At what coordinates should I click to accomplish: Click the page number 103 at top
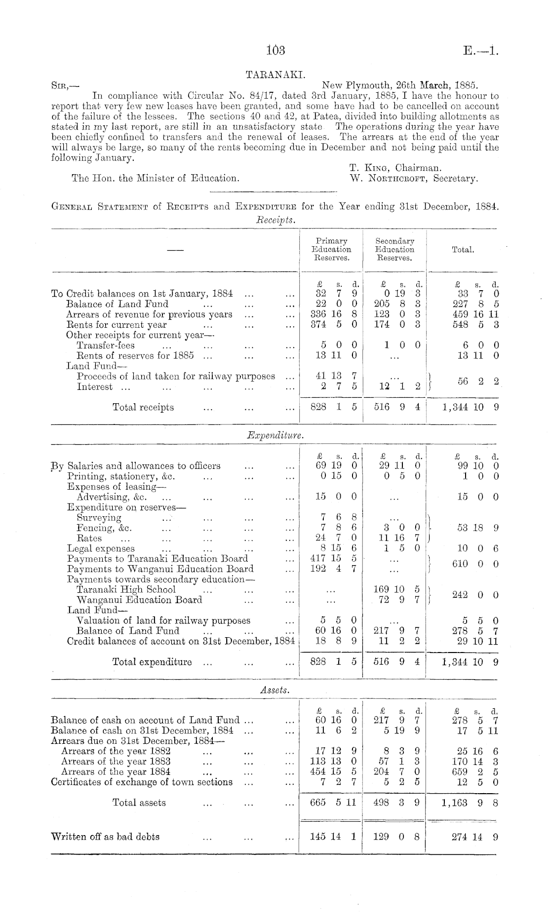pyautogui.click(x=275, y=50)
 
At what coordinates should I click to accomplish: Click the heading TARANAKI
pyautogui.click(x=275, y=75)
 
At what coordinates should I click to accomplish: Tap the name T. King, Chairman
pyautogui.click(x=395, y=168)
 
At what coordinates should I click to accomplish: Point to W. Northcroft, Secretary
pyautogui.click(x=413, y=178)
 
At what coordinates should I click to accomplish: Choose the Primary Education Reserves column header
pyautogui.click(x=332, y=249)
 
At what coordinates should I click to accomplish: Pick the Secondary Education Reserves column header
pyautogui.click(x=394, y=249)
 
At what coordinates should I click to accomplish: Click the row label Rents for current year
pyautogui.click(x=117, y=325)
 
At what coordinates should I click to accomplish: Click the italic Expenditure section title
pyautogui.click(x=275, y=435)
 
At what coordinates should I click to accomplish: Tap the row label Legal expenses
pyautogui.click(x=101, y=548)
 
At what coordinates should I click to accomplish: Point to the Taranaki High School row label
pyautogui.click(x=126, y=589)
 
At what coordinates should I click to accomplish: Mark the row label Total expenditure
pyautogui.click(x=152, y=662)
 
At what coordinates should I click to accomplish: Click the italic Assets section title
pyautogui.click(x=275, y=690)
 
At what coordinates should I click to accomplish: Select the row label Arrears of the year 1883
pyautogui.click(x=116, y=762)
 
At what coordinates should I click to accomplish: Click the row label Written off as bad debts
pyautogui.click(x=105, y=837)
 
